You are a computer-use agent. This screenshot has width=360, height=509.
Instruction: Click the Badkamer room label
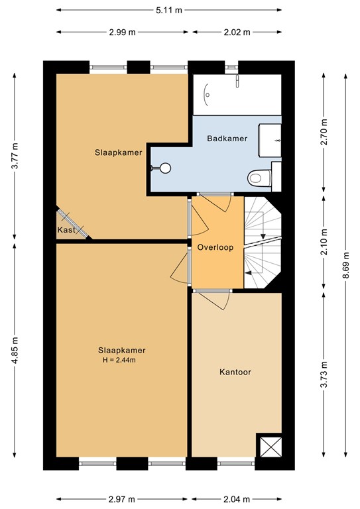(x=227, y=139)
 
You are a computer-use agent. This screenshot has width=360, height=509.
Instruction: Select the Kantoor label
(x=235, y=372)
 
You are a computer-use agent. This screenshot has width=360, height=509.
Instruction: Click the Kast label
(x=66, y=230)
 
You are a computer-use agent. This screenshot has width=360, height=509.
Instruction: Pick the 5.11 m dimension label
(x=168, y=11)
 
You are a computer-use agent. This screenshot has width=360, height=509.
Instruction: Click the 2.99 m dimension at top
(x=122, y=32)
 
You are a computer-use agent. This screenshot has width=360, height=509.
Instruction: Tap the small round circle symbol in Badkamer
(x=165, y=168)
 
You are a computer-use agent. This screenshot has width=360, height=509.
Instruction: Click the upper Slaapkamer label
(x=119, y=152)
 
